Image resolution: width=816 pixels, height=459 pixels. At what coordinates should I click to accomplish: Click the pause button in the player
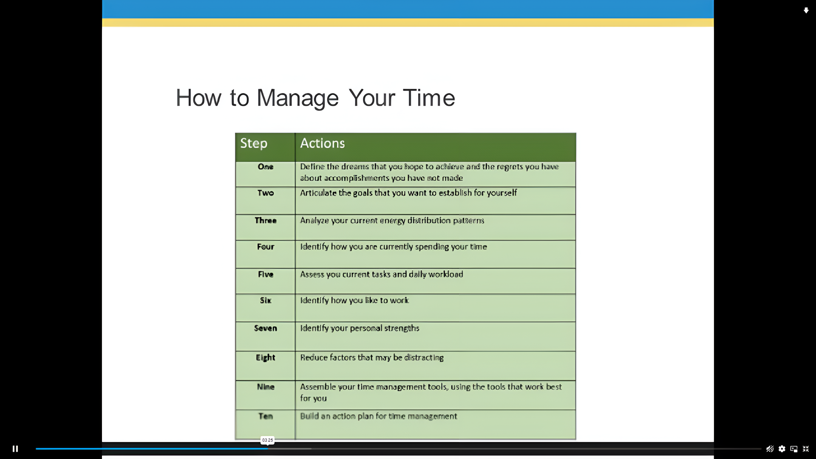tap(15, 449)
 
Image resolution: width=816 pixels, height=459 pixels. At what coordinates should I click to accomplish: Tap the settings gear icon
tap(782, 449)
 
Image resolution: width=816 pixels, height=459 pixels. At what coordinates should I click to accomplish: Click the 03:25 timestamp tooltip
tap(267, 440)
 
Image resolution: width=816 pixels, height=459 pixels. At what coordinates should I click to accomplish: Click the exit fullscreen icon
tap(806, 449)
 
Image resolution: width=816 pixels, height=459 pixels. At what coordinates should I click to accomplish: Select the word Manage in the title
tap(297, 98)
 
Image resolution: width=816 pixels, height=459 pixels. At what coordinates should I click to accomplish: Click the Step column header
tap(254, 143)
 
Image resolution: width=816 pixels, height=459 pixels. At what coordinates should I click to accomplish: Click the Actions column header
tap(322, 143)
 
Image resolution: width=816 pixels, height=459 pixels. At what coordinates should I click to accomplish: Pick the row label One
tap(266, 167)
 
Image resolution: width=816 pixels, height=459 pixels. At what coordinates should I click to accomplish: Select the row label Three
tap(266, 221)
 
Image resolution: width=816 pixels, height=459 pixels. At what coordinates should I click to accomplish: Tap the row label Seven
tap(266, 328)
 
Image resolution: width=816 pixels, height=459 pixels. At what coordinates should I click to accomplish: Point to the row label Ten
tap(266, 416)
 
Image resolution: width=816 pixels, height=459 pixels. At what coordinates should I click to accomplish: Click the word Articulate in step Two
tap(318, 193)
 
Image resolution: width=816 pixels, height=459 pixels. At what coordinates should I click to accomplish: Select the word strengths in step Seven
tap(402, 328)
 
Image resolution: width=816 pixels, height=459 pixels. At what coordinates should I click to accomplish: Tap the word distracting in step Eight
tap(424, 357)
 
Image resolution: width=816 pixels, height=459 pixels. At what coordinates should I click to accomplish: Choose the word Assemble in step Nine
tap(318, 387)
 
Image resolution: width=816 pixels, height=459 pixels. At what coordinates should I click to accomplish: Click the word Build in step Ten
tap(309, 416)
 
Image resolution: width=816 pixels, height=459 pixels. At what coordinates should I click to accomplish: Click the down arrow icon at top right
tap(806, 10)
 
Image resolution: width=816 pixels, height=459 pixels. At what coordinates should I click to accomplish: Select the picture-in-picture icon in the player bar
tap(794, 449)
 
